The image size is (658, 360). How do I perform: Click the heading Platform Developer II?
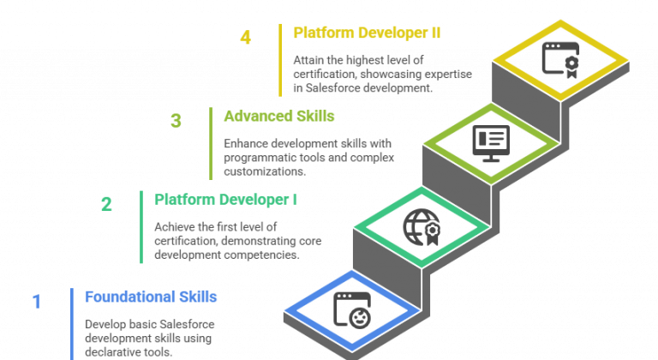(367, 33)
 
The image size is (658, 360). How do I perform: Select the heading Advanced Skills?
(278, 116)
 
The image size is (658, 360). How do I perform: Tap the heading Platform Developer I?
(226, 200)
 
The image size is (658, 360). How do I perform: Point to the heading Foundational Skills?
(151, 297)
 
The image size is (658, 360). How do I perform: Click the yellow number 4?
(246, 38)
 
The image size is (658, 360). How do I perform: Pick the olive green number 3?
(176, 121)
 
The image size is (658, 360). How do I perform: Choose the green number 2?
(106, 204)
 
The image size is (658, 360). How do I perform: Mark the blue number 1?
(36, 302)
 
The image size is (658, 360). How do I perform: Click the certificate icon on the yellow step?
(560, 58)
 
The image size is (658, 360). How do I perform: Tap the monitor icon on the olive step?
(491, 142)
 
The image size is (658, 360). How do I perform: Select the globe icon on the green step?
(421, 226)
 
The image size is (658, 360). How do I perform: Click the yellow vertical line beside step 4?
(280, 60)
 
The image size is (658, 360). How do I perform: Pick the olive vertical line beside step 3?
(211, 143)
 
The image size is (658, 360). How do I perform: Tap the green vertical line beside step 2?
(141, 227)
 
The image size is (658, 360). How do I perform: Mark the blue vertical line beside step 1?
(72, 322)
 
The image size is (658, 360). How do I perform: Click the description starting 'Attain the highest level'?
(382, 74)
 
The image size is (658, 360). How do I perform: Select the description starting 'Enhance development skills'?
(308, 157)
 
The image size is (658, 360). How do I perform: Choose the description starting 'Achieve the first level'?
(238, 241)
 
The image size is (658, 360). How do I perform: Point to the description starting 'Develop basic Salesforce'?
(150, 337)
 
